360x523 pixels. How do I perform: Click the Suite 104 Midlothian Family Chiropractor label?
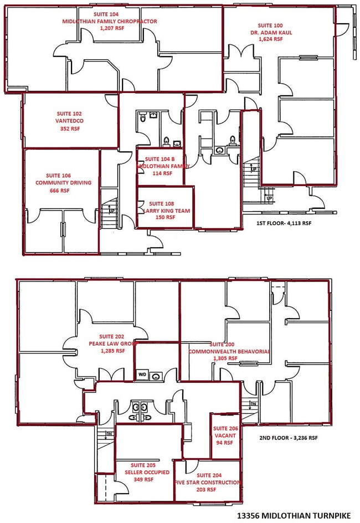(110, 22)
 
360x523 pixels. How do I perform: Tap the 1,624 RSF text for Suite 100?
(271, 39)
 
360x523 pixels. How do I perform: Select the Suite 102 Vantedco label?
(70, 121)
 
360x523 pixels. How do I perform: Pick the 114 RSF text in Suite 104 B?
(162, 173)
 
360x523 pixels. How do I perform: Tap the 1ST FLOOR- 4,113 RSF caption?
(284, 223)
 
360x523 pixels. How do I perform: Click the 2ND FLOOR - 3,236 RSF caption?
(289, 438)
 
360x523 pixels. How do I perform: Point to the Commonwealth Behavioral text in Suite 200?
(229, 351)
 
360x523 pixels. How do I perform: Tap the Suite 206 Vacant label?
(225, 435)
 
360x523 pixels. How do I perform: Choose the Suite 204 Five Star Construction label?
(208, 483)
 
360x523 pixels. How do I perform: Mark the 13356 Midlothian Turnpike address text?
(294, 516)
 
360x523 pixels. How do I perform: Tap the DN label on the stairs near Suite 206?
(253, 404)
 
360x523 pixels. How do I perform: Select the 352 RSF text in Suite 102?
(70, 129)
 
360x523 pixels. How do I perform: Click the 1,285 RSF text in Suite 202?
(113, 351)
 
